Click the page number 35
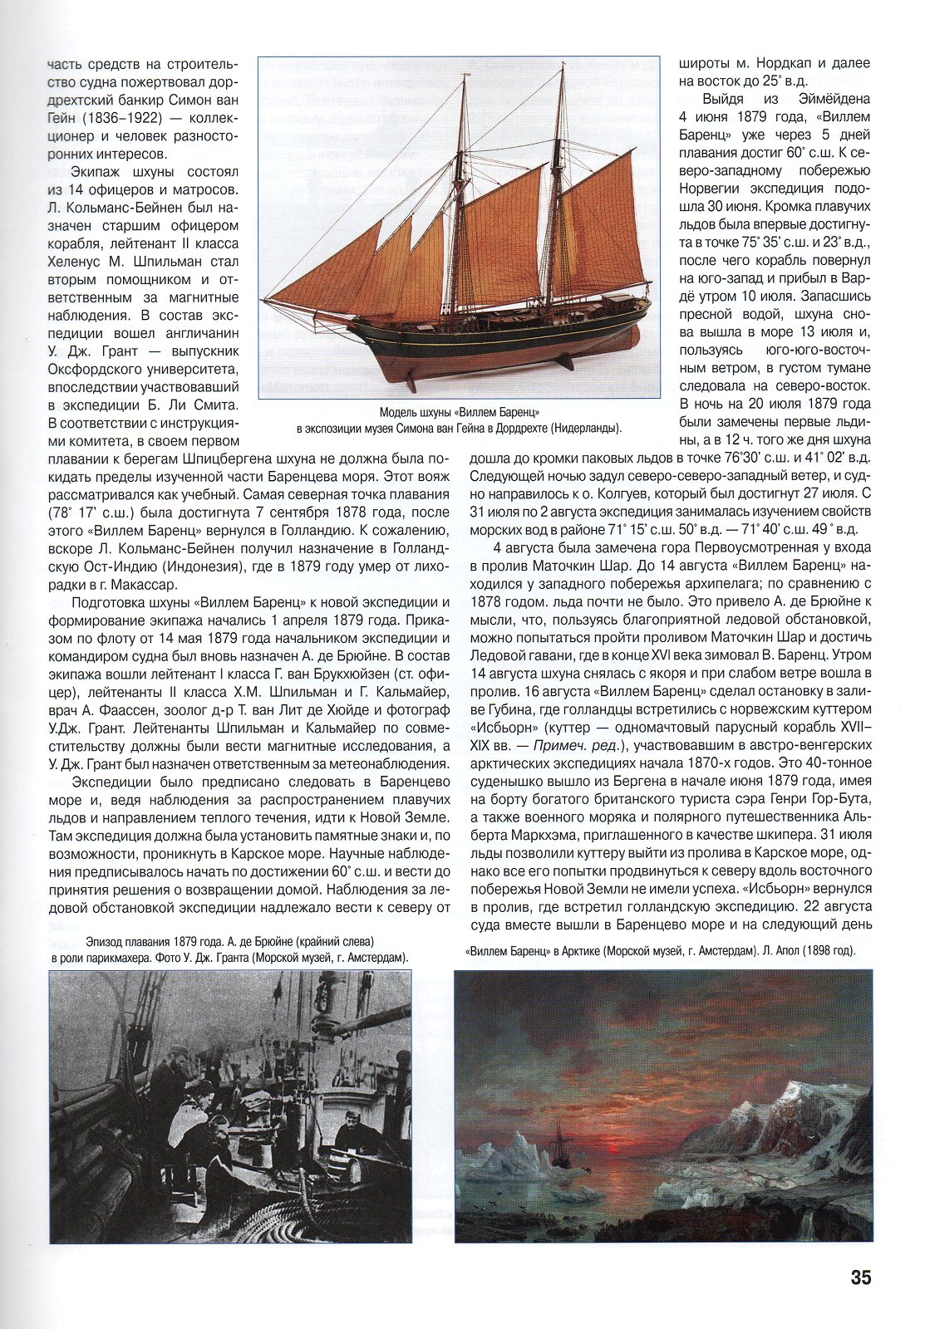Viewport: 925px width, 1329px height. click(860, 1277)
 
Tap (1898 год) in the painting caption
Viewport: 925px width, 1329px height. click(824, 950)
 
